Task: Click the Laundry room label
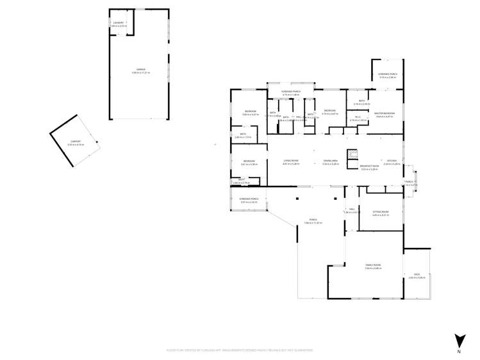point(118,23)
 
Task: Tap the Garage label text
point(139,69)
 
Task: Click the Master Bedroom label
point(388,113)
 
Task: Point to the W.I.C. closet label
point(358,117)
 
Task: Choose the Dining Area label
point(331,160)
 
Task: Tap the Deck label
point(417,275)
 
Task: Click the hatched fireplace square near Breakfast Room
point(351,154)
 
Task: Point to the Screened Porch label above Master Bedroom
point(388,74)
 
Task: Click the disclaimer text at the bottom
point(240,350)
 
